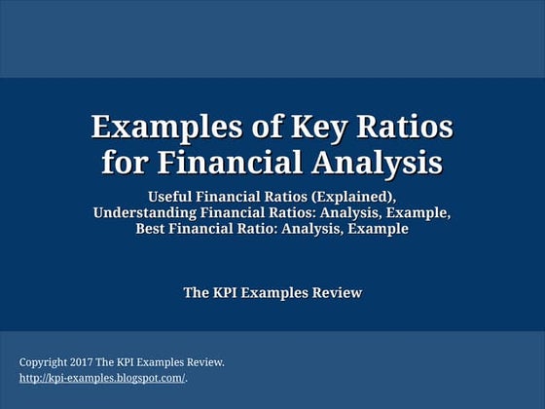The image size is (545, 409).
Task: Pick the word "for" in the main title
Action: tap(124, 160)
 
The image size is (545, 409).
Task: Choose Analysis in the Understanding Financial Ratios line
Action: tap(356, 212)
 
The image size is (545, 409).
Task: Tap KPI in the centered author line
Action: tap(226, 292)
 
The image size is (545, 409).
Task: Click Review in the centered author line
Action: tap(335, 292)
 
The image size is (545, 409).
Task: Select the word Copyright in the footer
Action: tap(44, 362)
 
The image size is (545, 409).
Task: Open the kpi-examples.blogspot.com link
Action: tap(102, 378)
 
